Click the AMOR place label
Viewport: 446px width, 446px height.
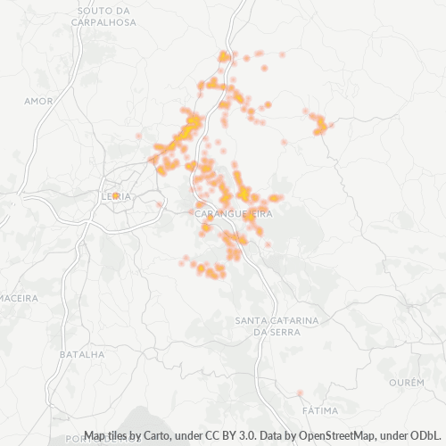[x=40, y=101]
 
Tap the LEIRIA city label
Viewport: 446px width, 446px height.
[x=117, y=196]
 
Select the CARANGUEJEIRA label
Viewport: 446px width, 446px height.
[x=233, y=214]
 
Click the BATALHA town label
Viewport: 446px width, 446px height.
[x=81, y=354]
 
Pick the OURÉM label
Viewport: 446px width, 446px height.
[x=408, y=382]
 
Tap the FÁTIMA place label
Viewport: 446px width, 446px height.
[x=321, y=410]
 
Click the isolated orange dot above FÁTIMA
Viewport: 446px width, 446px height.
[x=300, y=392]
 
